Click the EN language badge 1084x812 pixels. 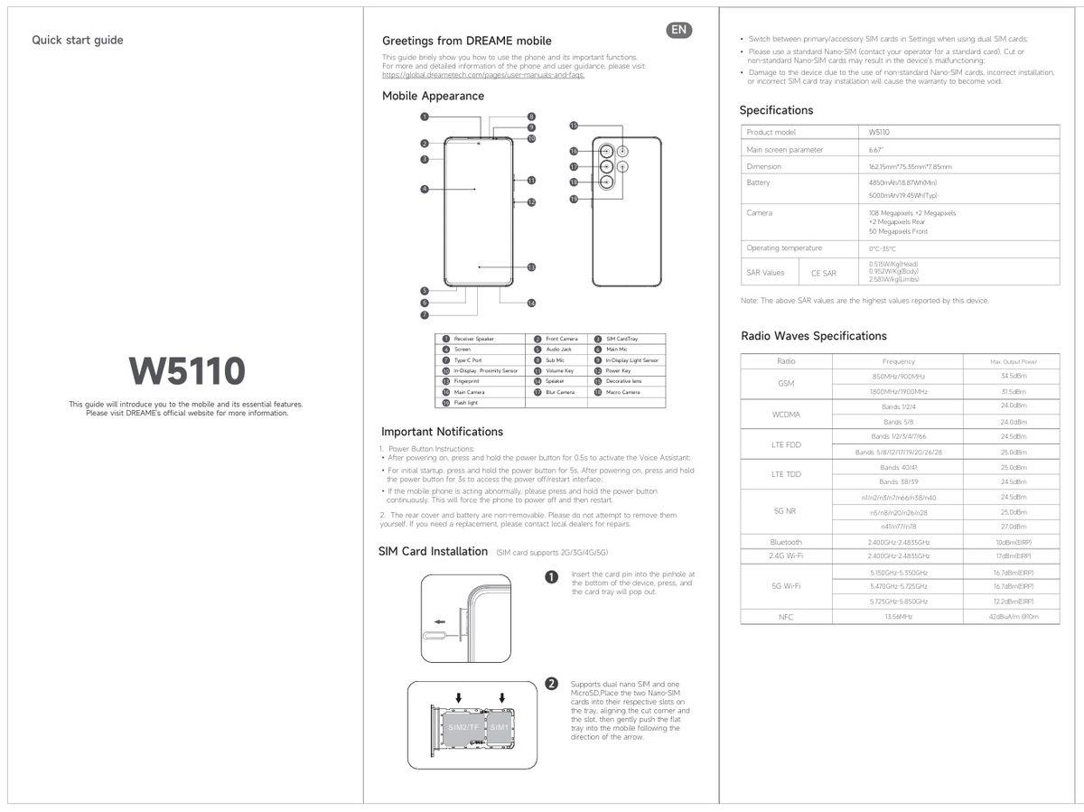coord(679,31)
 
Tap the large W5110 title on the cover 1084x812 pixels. coord(186,370)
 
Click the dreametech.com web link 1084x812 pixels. coord(483,75)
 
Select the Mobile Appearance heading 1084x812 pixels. coord(433,96)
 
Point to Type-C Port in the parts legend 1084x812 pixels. coord(468,359)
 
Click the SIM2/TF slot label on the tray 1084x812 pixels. coord(461,726)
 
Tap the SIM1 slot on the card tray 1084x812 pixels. coord(500,726)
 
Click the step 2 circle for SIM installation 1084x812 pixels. coord(552,684)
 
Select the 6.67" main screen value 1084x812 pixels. coord(875,149)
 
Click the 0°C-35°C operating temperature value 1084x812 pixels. coord(882,248)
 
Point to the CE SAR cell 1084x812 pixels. coord(823,273)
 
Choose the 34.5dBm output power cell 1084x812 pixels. coord(1013,376)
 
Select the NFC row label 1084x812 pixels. coord(786,616)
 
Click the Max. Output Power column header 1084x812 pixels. coord(1013,361)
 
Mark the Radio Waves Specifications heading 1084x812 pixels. coord(813,336)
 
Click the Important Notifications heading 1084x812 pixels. coord(442,432)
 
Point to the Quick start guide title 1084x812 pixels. coord(78,40)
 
